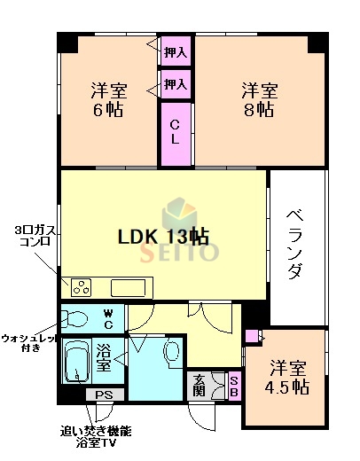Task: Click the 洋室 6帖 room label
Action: click(107, 100)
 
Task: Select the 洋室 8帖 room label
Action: click(260, 100)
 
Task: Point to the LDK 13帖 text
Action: click(164, 237)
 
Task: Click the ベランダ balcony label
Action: click(297, 244)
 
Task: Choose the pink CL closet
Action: click(176, 133)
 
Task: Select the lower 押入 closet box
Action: click(176, 85)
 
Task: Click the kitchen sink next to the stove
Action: click(129, 287)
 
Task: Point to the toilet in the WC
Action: click(77, 317)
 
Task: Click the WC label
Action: click(107, 317)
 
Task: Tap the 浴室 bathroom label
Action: click(104, 358)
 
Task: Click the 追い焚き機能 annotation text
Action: click(96, 431)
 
